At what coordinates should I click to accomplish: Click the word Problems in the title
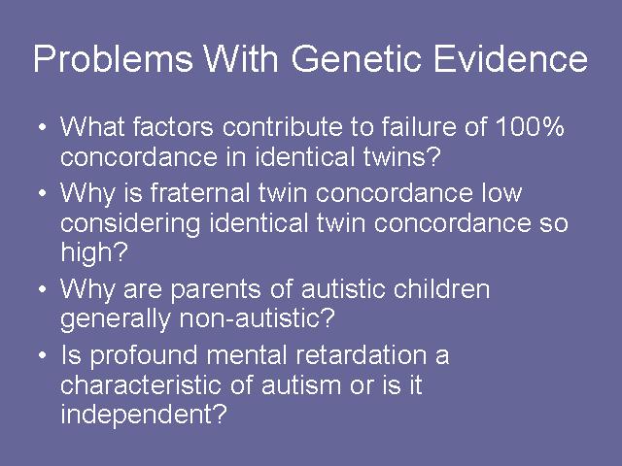pos(113,58)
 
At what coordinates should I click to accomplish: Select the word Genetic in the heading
pos(356,58)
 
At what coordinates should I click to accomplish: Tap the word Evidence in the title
pos(510,58)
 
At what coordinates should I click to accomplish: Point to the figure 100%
pos(529,127)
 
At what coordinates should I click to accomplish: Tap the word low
pos(501,193)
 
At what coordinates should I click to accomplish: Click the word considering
pos(130,224)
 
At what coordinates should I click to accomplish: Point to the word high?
pos(94,252)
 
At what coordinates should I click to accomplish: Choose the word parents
pos(216,290)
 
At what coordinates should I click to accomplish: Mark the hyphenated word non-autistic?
pos(258,317)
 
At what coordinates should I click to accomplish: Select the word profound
pos(144,356)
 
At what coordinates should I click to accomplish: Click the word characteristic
pos(140,384)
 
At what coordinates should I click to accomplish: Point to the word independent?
pos(144,415)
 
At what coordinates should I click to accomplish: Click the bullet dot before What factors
pos(43,128)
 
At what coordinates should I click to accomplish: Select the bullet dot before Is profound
pos(43,355)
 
